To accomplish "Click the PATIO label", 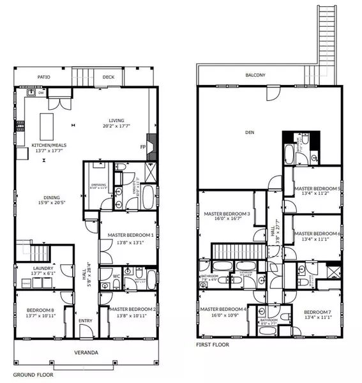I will coord(43,77).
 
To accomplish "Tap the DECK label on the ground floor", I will coord(108,77).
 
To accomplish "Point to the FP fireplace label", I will coord(142,146).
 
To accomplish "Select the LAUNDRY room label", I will coord(43,269).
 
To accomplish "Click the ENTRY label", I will coord(85,329).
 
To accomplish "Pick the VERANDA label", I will coord(84,352).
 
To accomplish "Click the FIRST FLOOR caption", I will coord(212,345).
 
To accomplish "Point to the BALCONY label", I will coord(255,75).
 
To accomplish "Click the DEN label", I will coord(250,133).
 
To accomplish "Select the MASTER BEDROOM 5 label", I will coord(317,188).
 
